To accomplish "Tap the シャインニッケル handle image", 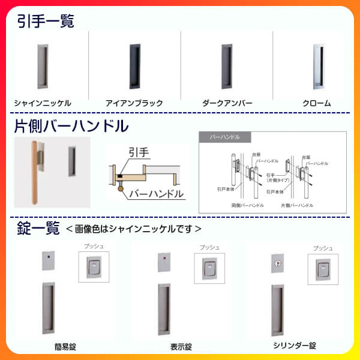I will (42, 65).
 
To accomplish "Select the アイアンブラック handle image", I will (133, 65).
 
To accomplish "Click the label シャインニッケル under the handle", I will (42, 103).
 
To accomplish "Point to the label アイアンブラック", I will (134, 103).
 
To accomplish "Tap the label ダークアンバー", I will (227, 103).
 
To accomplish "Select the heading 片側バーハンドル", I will (71, 126).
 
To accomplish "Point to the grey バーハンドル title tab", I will (221, 137).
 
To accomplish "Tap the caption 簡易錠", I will (64, 346).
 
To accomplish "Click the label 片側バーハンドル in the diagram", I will (296, 204).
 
